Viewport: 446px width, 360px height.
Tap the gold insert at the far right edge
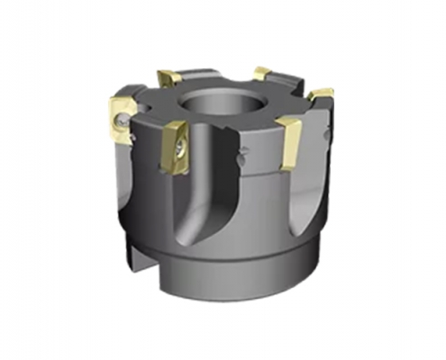[x=319, y=97]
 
